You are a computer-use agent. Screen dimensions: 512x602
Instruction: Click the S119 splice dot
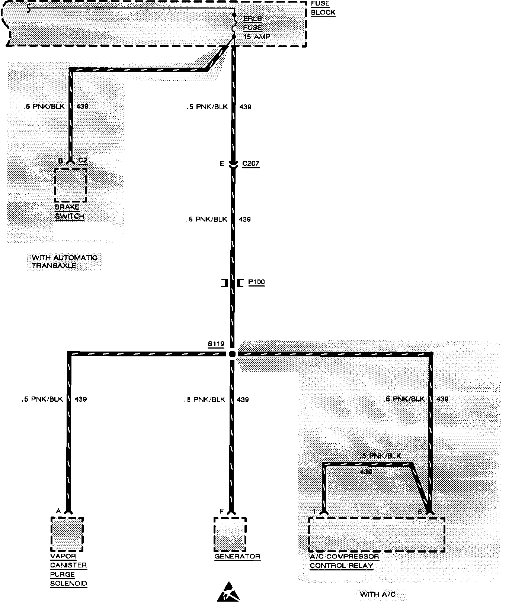click(233, 354)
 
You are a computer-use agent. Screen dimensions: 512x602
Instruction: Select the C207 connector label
click(250, 164)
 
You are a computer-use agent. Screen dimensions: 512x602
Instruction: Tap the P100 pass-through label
click(256, 282)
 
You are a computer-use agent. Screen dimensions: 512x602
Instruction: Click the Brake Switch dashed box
click(71, 185)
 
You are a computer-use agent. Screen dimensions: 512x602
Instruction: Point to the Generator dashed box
click(230, 534)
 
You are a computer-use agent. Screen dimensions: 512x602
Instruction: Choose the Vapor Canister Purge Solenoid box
click(67, 534)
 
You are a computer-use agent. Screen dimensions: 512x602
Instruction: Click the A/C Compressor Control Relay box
click(377, 534)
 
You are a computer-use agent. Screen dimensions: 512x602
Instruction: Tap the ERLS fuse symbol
click(234, 26)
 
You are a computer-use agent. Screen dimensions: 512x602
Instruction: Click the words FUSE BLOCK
click(323, 8)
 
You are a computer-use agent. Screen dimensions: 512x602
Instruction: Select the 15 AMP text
click(257, 37)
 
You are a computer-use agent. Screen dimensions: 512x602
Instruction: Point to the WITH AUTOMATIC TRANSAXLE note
click(64, 262)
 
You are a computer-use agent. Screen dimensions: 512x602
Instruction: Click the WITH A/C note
click(378, 594)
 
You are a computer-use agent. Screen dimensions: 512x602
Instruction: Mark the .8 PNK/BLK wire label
click(205, 399)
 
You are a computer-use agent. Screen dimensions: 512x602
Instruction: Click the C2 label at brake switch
click(83, 161)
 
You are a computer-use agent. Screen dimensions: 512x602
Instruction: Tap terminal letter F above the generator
click(221, 512)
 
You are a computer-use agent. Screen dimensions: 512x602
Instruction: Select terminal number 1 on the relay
click(314, 512)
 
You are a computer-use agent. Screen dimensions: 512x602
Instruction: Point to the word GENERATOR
click(237, 556)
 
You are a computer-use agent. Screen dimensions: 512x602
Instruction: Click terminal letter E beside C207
click(222, 164)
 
